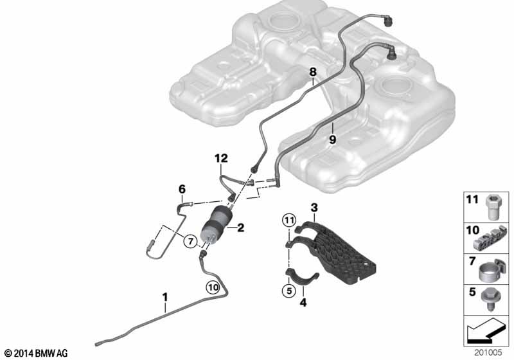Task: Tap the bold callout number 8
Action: coord(313,72)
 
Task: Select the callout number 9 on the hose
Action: coord(332,139)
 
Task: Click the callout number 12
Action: coord(221,158)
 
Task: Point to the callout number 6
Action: coord(182,189)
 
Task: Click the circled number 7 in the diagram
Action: coord(190,241)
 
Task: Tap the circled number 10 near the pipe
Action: coord(213,287)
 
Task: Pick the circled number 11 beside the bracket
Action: coord(288,220)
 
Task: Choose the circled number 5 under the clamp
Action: coord(288,291)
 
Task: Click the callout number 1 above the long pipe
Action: coord(165,298)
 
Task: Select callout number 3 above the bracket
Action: coord(314,207)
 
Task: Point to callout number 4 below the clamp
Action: coord(303,302)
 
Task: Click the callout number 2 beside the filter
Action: coord(240,228)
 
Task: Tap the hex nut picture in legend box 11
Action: coord(493,207)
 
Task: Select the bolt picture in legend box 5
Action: coord(490,300)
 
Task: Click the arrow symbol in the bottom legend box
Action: coord(486,331)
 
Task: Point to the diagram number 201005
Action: coord(488,353)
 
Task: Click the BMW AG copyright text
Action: coord(37,354)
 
